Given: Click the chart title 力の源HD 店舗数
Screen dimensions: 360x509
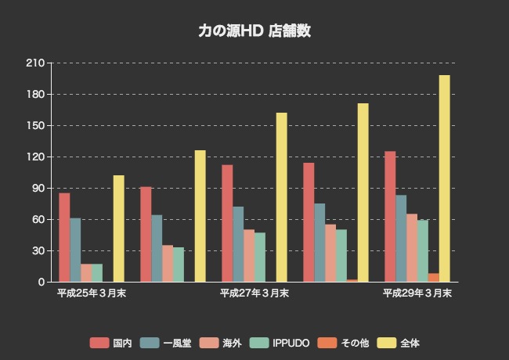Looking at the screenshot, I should point(254,31).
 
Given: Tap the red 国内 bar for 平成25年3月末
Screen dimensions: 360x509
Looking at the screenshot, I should point(64,237).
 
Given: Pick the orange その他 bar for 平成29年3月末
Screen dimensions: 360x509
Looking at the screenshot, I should point(433,278).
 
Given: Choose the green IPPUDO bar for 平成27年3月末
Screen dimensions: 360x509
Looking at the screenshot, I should point(259,257).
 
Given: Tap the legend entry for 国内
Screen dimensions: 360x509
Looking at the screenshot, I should point(110,343).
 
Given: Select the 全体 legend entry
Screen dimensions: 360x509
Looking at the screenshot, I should point(399,343).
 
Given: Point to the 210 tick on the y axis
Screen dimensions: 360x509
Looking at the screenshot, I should point(36,63).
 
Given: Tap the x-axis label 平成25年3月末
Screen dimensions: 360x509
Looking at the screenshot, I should point(92,293).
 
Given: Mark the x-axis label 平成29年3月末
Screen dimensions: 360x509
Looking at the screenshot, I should point(417,293).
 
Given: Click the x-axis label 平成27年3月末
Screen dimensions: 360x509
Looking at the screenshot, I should point(254,293).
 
